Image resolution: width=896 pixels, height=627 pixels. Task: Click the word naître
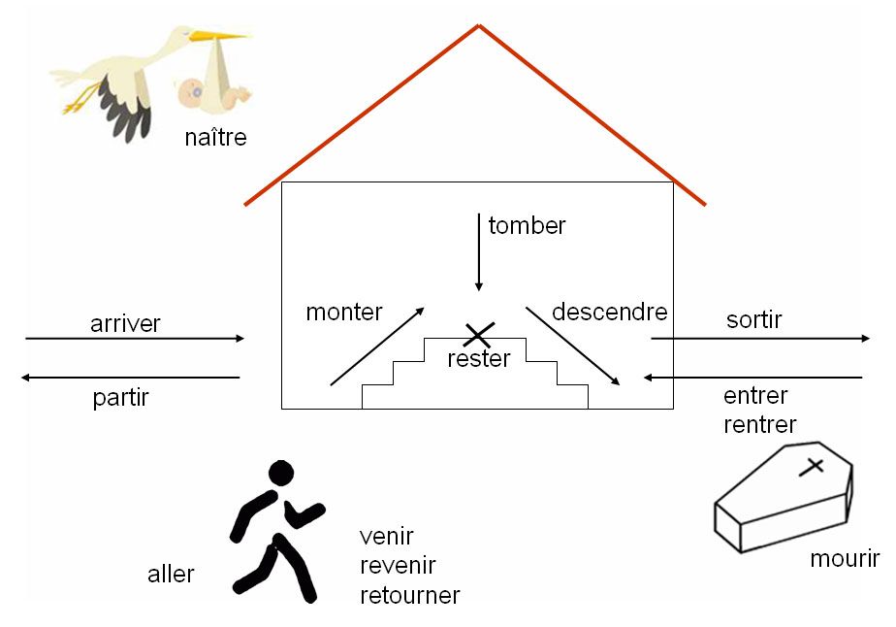215,138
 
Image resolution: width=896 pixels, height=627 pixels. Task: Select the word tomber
527,226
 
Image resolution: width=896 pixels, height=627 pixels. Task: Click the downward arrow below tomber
478,251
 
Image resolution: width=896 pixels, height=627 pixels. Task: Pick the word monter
344,313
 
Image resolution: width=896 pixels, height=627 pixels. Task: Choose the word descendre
609,312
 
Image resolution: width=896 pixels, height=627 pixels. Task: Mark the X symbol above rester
477,336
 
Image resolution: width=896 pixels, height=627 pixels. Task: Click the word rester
479,359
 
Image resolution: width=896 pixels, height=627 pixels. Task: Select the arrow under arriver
135,339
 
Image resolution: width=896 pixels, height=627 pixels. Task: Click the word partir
121,397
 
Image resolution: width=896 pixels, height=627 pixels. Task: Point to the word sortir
753,319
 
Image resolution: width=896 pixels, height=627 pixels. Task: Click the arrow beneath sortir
760,339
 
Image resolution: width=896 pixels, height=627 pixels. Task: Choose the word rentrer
760,425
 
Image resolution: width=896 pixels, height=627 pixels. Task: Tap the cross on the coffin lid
814,466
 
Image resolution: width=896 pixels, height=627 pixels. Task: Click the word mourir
845,559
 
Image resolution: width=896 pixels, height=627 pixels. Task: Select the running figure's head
280,474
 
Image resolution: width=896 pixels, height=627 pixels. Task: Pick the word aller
171,574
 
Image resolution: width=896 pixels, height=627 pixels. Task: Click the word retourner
409,595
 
